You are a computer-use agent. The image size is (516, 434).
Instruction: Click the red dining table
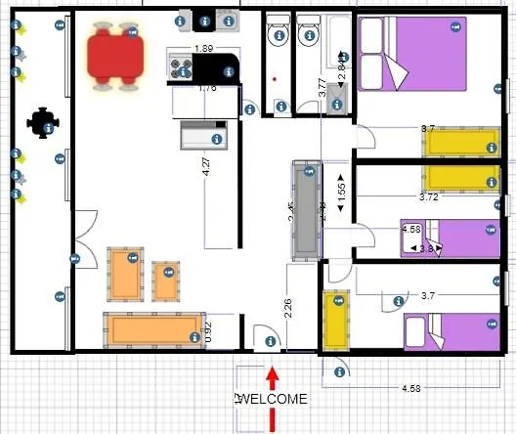point(115,56)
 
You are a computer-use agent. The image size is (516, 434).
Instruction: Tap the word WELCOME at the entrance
point(274,399)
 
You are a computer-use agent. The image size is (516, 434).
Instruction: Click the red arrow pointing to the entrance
point(273,396)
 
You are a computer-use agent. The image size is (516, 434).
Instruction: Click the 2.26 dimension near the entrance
point(288,310)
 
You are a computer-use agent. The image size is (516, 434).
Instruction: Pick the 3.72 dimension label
point(429,197)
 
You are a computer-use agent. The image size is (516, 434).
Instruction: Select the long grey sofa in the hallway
point(304,211)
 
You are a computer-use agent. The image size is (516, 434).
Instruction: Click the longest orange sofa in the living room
point(156,328)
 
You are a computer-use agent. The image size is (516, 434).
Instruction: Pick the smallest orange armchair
point(167,282)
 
